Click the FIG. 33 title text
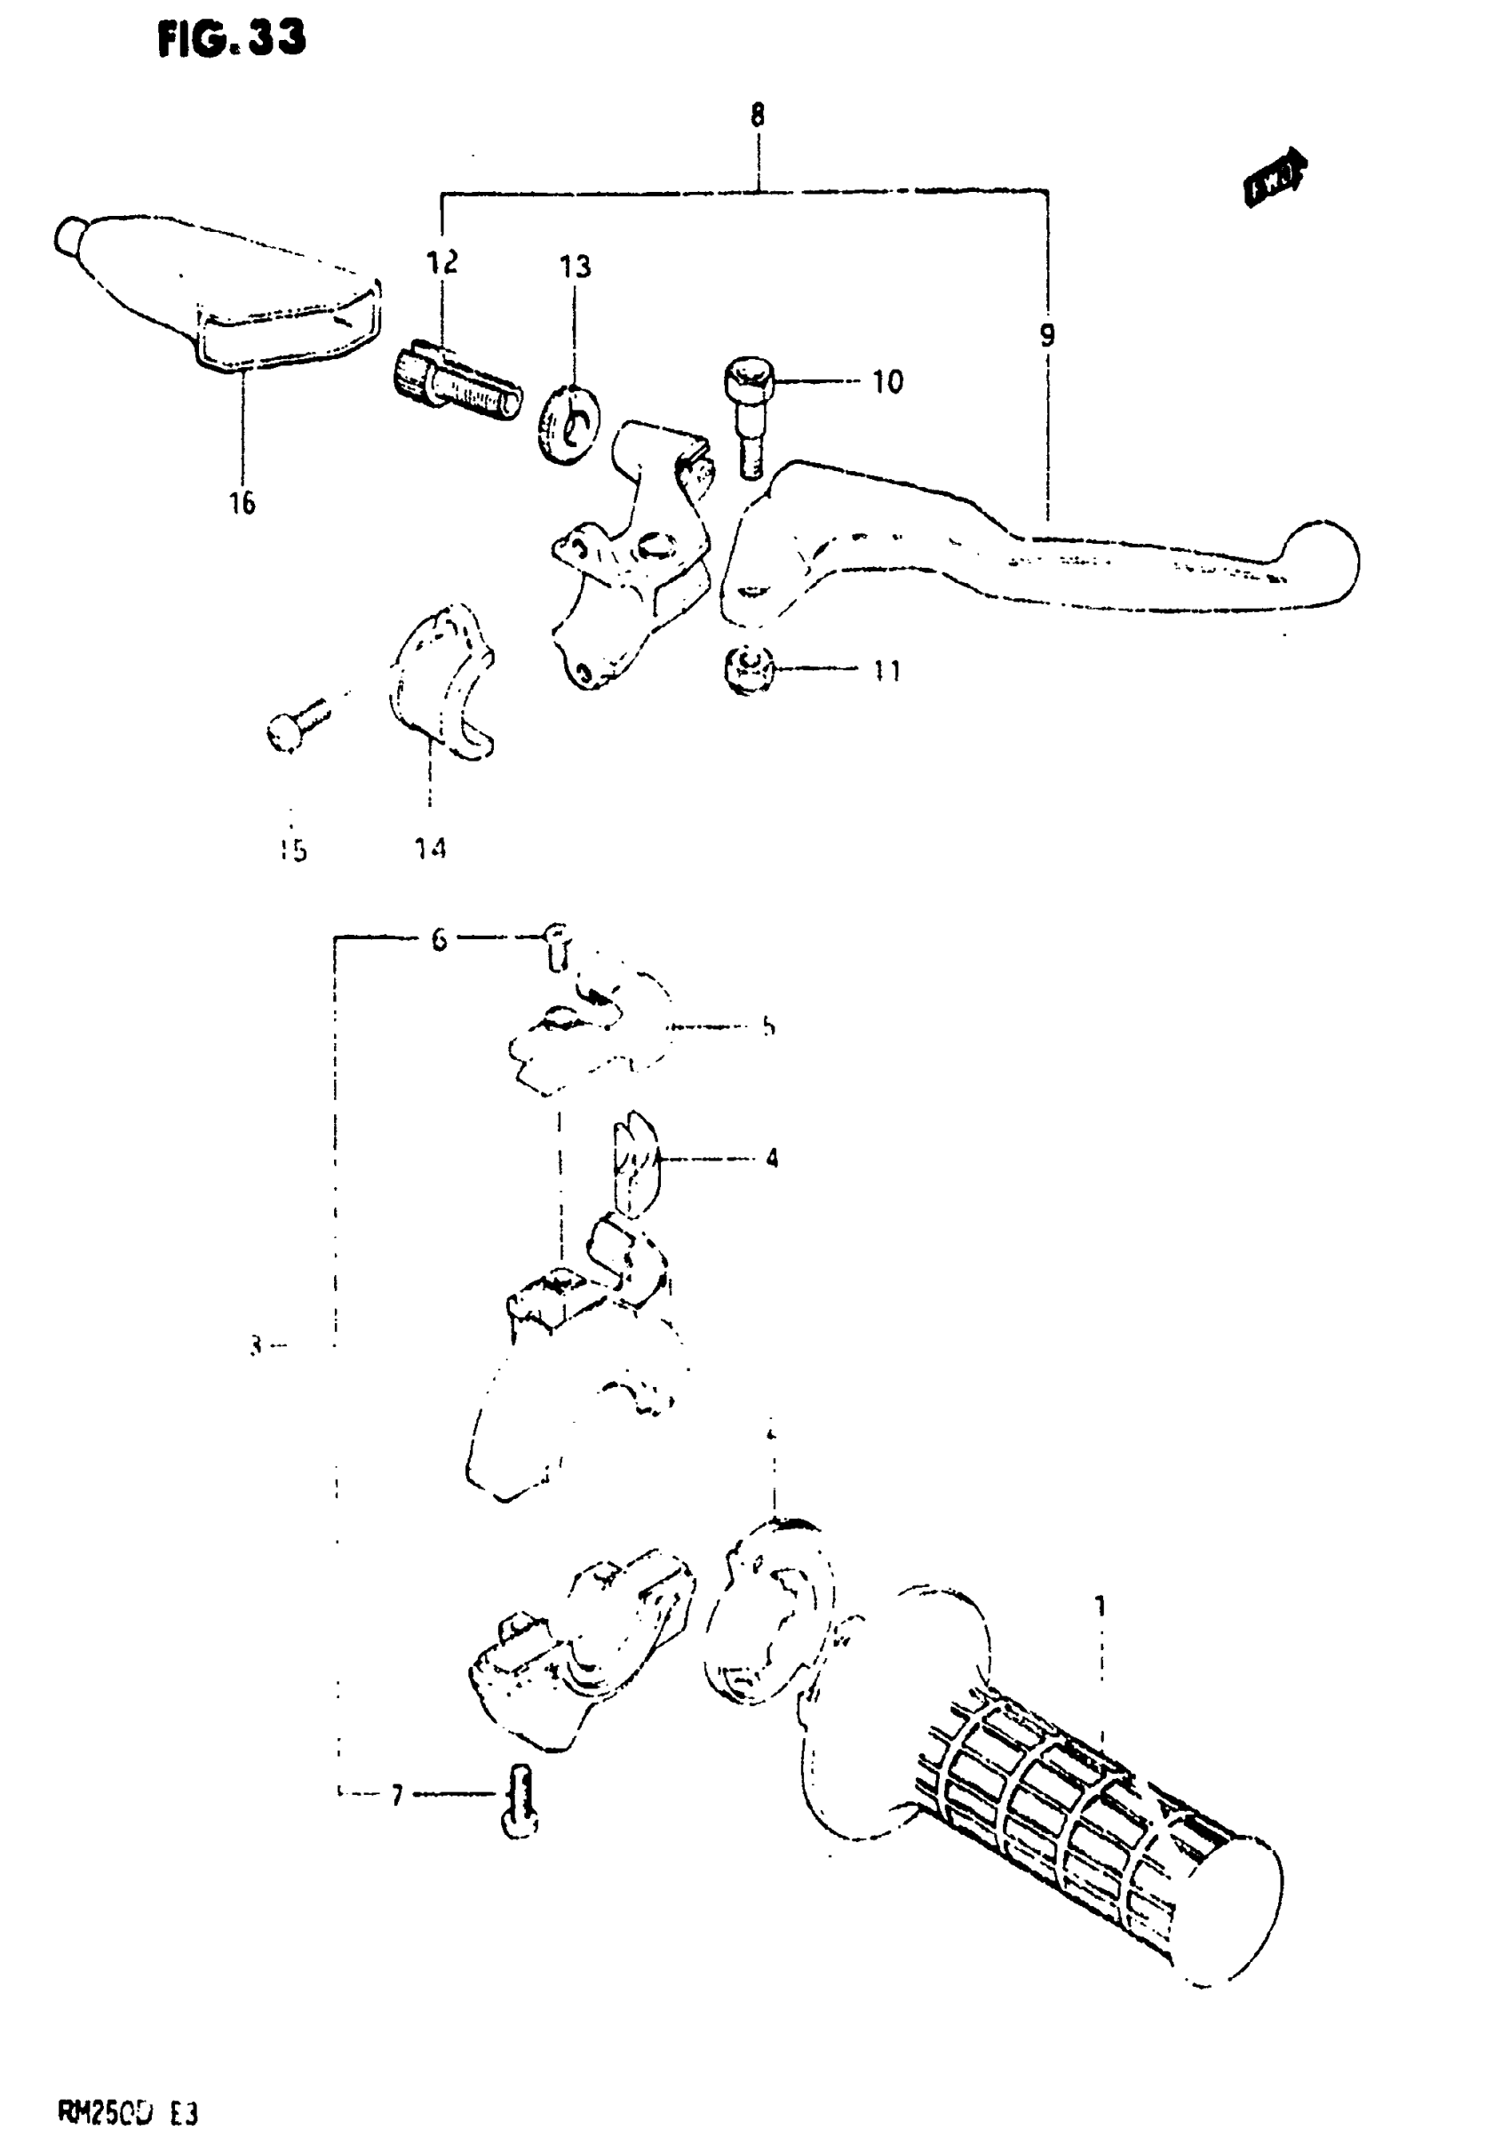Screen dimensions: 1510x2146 click(231, 39)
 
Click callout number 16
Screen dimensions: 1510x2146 click(242, 503)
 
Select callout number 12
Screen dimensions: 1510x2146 click(443, 263)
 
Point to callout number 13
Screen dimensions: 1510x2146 click(576, 267)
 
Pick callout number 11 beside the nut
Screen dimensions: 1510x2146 click(886, 670)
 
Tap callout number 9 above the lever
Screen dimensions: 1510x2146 click(1046, 335)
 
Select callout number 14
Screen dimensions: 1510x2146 click(430, 849)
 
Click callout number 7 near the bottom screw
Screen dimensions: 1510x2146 click(397, 1796)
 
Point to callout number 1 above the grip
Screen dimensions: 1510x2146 click(1101, 1606)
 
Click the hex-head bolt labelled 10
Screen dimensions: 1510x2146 click(748, 411)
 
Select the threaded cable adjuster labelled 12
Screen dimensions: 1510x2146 click(454, 383)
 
